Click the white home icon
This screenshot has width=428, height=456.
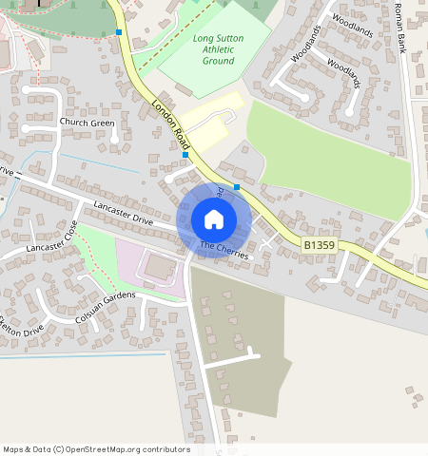tap(214, 220)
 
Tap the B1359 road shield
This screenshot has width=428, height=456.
tap(321, 245)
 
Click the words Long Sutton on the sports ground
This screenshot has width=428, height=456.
tap(218, 39)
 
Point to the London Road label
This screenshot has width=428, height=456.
tap(166, 124)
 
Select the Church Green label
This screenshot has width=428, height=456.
tap(87, 123)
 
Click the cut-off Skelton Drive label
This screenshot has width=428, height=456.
tap(21, 331)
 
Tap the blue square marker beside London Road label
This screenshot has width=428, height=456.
tap(185, 154)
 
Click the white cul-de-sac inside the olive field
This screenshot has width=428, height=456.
tap(229, 360)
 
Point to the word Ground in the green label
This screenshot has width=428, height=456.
tap(218, 61)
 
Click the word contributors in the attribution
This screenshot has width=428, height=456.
tap(165, 449)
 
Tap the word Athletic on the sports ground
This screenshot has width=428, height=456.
tap(218, 49)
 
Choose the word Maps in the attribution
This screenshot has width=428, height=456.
tap(13, 449)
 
